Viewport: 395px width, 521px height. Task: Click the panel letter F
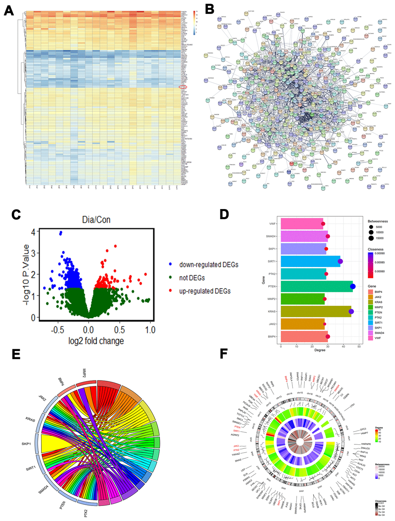[x=223, y=353]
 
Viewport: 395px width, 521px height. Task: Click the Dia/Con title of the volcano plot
[x=96, y=220]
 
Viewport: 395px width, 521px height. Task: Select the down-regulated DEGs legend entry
[x=209, y=265]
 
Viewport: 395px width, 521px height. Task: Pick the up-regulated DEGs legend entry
[x=205, y=291]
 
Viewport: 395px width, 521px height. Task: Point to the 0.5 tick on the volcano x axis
[x=119, y=330]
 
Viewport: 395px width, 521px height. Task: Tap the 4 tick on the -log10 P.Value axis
[x=33, y=232]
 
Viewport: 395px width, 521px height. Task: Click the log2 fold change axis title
[x=96, y=341]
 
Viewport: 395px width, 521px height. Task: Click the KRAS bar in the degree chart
[x=316, y=311]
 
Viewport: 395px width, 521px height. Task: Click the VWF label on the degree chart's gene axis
[x=273, y=224]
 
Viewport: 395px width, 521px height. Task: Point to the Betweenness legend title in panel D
[x=378, y=221]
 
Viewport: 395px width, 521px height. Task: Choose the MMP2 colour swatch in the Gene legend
[x=371, y=307]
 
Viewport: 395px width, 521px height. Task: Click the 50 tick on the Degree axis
[x=359, y=346]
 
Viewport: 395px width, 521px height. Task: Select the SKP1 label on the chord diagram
[x=26, y=444]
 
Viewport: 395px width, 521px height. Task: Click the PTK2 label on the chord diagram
[x=86, y=513]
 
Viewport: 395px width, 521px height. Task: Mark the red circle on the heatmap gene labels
[x=183, y=87]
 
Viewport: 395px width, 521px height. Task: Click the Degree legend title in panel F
[x=379, y=428]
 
